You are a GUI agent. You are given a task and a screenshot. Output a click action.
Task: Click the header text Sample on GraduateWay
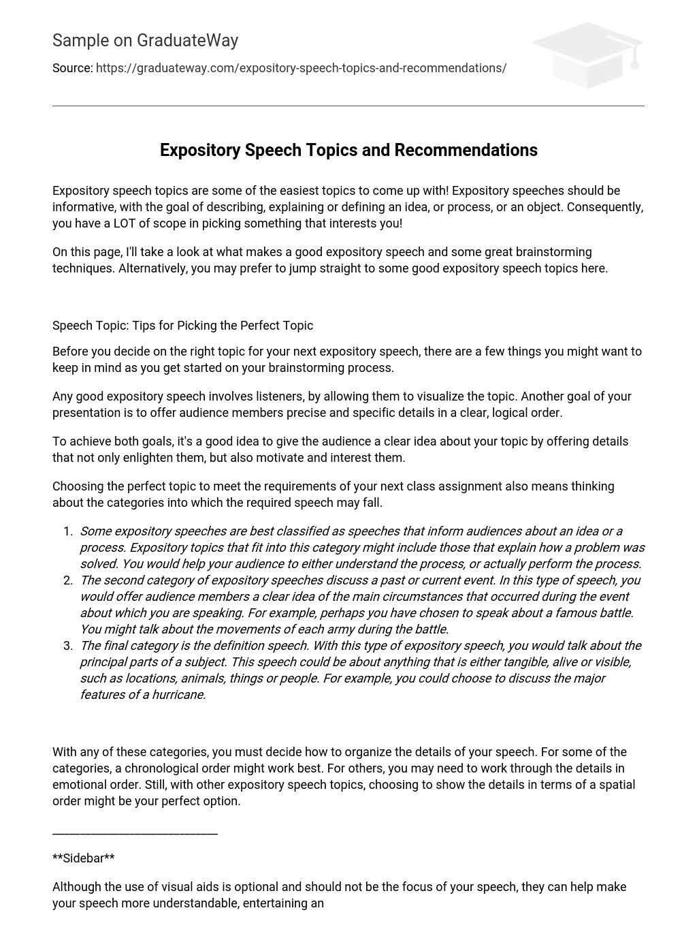click(145, 41)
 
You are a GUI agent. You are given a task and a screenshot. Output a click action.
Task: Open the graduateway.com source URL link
click(301, 68)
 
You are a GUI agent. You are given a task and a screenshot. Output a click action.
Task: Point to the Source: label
click(72, 68)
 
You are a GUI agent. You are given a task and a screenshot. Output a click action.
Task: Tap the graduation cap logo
click(587, 54)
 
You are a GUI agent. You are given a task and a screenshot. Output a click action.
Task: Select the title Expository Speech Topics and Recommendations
click(348, 151)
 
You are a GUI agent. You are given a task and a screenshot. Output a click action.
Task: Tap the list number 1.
click(67, 531)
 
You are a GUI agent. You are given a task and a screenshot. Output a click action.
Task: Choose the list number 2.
click(67, 580)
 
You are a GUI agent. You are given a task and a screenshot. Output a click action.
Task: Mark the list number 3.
click(67, 646)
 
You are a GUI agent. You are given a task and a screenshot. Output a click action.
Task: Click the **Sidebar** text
click(83, 858)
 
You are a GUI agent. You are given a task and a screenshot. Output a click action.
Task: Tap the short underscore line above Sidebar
click(135, 832)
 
